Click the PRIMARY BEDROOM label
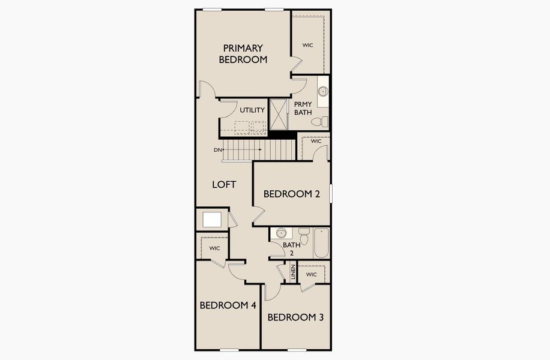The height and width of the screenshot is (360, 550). (243, 53)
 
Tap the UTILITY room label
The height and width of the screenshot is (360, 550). (252, 110)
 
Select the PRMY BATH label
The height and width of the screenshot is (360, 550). (302, 108)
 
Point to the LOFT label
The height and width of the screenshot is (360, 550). (224, 184)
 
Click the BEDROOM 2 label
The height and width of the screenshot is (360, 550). (291, 194)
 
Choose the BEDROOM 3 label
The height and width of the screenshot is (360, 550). (295, 317)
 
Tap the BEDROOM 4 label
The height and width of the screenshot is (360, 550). (228, 305)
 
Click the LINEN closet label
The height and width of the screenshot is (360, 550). (293, 273)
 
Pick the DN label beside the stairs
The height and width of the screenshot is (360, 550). (217, 149)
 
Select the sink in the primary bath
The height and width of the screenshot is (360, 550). (322, 92)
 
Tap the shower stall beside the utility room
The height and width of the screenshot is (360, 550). (279, 114)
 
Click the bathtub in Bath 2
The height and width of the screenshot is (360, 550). (321, 243)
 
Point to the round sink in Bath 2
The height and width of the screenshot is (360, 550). (280, 233)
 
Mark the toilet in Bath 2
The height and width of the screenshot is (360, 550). (304, 238)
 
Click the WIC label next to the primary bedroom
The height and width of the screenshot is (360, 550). (308, 45)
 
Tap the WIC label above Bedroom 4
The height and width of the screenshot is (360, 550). (214, 248)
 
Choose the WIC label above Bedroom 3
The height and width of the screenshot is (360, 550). (311, 274)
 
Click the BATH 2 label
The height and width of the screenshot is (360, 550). (292, 248)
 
